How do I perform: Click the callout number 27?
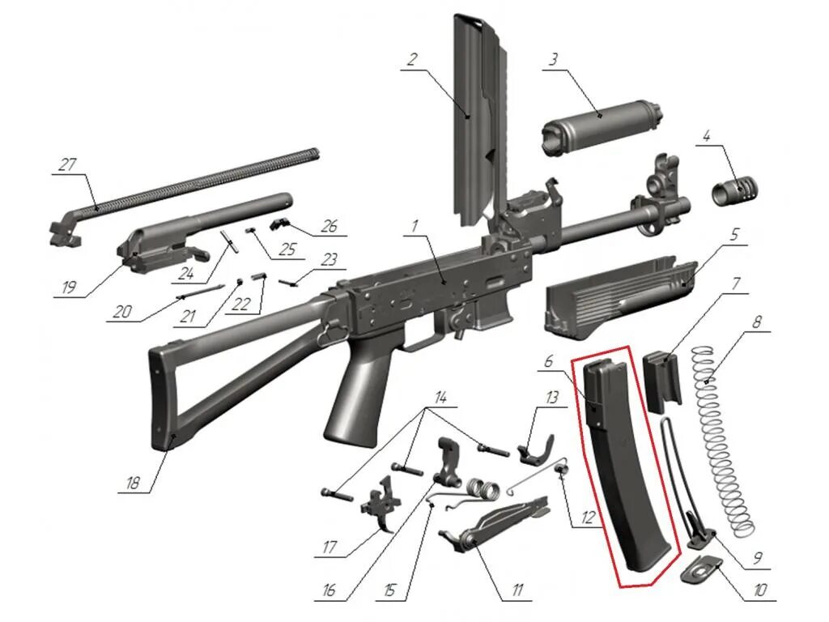coord(66,165)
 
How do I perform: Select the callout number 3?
coord(554,60)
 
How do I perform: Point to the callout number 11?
coord(516,590)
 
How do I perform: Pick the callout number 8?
coord(757,321)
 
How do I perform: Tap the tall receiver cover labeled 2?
coord(478,121)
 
